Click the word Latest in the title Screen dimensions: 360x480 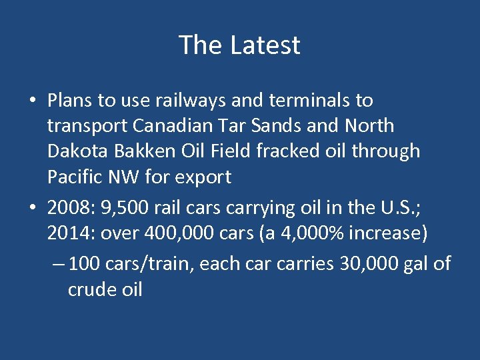[265, 45]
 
